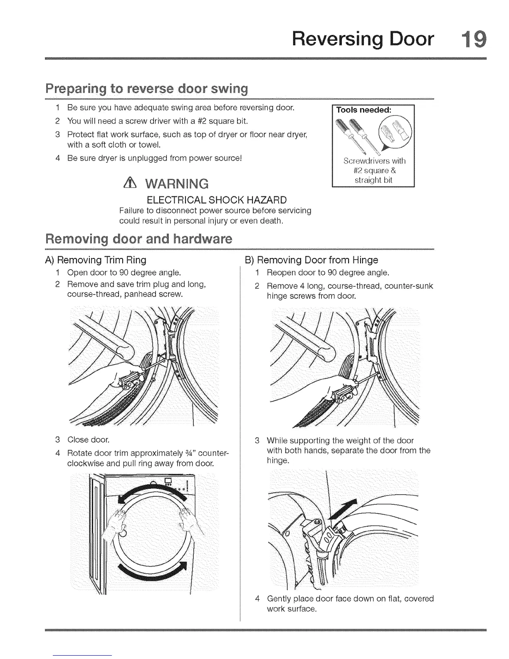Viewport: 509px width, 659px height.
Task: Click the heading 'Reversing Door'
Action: tap(363, 40)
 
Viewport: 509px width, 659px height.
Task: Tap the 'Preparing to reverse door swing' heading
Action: tap(146, 89)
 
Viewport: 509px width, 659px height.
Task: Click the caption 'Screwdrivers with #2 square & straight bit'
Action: tap(373, 171)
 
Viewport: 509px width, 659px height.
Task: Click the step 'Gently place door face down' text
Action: tap(350, 604)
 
